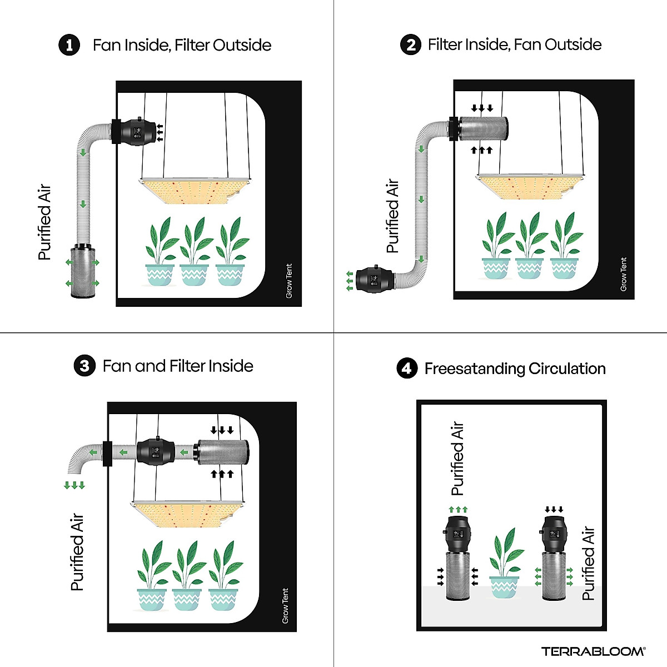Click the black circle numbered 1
69,45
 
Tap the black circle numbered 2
411,44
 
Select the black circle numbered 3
84,366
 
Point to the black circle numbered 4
407,368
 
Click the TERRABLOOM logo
593,651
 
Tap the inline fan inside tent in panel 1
136,132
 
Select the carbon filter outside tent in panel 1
83,271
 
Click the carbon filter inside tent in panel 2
484,129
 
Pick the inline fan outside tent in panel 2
375,280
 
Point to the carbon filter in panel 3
222,452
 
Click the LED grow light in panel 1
196,191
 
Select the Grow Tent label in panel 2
624,274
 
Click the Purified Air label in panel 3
77,552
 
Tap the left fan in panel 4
457,534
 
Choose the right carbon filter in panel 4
554,576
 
